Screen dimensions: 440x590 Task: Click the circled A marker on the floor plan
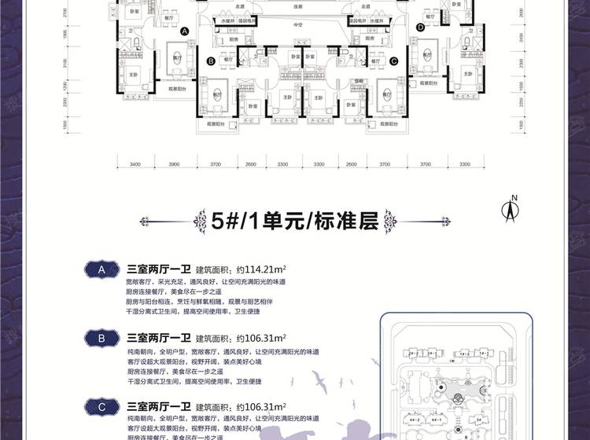click(x=185, y=31)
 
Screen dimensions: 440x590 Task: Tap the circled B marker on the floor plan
click(x=212, y=60)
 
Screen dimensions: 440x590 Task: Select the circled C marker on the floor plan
click(x=393, y=60)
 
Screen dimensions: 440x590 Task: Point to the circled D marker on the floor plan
click(x=421, y=27)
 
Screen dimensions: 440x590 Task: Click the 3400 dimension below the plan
click(x=135, y=165)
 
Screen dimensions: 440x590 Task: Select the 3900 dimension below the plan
click(x=174, y=165)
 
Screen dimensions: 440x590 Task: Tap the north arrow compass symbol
click(x=511, y=209)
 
